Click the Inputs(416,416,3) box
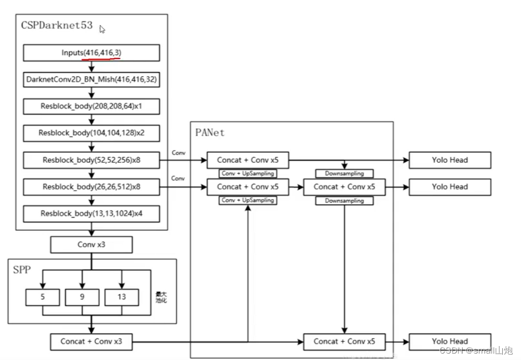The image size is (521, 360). (92, 52)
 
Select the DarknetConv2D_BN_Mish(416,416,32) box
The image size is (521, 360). (92, 79)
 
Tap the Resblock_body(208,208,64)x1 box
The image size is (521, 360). (92, 106)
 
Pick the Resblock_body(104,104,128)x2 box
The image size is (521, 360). (92, 133)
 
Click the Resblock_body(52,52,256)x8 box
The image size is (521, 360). (92, 160)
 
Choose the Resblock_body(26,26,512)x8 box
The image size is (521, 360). (92, 187)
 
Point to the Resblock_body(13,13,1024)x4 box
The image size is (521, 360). (92, 214)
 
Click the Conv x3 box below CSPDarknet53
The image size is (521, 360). (91, 245)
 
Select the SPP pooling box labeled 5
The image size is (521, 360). (43, 297)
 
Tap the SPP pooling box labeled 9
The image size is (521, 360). (82, 297)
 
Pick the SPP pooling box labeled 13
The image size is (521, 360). (122, 297)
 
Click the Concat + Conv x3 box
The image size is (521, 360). (91, 341)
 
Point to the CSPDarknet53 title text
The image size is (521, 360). (57, 25)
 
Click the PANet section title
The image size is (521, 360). (211, 131)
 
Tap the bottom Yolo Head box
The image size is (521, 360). (450, 341)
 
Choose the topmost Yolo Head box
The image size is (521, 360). (450, 160)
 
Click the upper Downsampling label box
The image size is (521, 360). (344, 174)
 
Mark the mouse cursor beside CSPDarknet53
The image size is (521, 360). (102, 29)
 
